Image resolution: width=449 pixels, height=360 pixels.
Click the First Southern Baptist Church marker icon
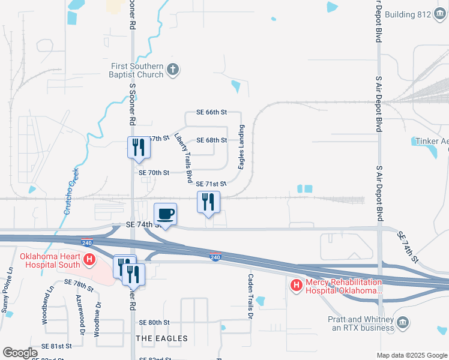pos(172,69)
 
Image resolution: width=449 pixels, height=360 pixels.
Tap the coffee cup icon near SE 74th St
pos(165,214)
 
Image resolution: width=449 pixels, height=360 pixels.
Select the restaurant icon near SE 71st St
pos(208,201)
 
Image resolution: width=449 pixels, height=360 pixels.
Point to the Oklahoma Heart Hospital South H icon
pos(89,260)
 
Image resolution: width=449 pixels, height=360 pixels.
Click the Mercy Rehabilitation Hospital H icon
pos(296,286)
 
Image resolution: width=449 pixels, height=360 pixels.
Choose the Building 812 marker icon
pos(440,14)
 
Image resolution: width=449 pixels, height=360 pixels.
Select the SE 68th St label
pos(212,140)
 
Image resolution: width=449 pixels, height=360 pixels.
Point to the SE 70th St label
pos(154,172)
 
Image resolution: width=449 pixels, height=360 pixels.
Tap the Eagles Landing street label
pos(242,147)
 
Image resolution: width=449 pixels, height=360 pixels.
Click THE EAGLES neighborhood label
pos(162,338)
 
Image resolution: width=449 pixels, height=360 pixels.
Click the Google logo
pos(20,353)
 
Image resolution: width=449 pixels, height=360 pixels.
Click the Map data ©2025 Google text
pos(411,355)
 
